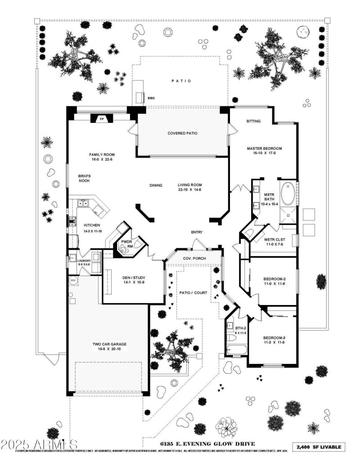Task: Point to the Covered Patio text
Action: (182, 133)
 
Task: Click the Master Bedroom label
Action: (264, 148)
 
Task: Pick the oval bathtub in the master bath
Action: (288, 193)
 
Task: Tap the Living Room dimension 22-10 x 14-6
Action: (189, 190)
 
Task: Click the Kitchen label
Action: (92, 225)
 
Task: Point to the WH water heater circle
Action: (73, 281)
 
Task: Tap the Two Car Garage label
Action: (109, 344)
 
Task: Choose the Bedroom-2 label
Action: (274, 279)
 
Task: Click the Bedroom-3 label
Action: (274, 338)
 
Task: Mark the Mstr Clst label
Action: (274, 239)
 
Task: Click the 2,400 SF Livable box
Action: (320, 447)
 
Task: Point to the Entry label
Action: (197, 232)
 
